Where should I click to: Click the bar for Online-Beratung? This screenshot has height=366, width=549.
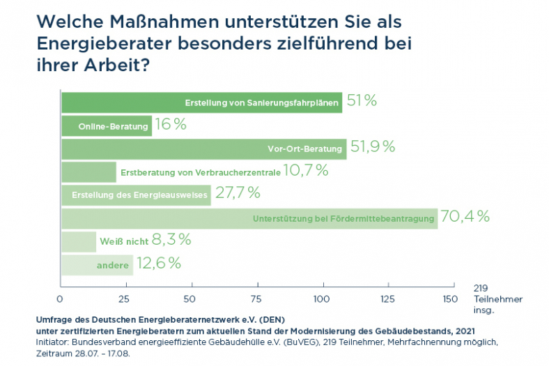pyautogui.click(x=106, y=126)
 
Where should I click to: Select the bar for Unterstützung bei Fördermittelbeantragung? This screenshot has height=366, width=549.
pyautogui.click(x=249, y=219)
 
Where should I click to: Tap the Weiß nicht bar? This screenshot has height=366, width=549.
pyautogui.click(x=78, y=242)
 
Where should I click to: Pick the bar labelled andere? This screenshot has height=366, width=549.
pyautogui.click(x=97, y=265)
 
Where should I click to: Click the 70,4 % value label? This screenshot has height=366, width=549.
pyautogui.click(x=465, y=217)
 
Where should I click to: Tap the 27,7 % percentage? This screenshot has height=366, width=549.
pyautogui.click(x=237, y=193)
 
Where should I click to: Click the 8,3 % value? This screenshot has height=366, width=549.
pyautogui.click(x=171, y=240)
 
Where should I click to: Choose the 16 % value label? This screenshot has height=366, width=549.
pyautogui.click(x=171, y=125)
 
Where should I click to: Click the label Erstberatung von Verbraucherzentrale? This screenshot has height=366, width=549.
pyautogui.click(x=201, y=172)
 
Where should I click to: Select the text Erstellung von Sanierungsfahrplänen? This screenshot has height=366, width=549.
pyautogui.click(x=262, y=103)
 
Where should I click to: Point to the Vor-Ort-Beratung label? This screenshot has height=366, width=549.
pyautogui.click(x=304, y=149)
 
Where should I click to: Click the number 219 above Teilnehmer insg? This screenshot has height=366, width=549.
pyautogui.click(x=481, y=287)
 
